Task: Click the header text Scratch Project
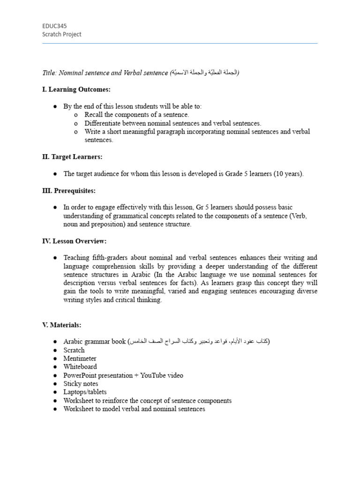coord(61,34)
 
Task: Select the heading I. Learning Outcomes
coord(76,90)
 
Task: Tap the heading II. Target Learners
coord(72,157)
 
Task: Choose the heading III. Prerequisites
coord(69,191)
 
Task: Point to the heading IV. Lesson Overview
coord(75,241)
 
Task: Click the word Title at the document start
coord(49,73)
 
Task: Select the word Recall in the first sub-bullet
coord(95,115)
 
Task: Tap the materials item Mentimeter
coord(80,359)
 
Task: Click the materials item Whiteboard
coord(80,367)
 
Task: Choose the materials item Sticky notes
coord(81,384)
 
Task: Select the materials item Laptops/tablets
coord(85,392)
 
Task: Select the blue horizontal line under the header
coord(180,44)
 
